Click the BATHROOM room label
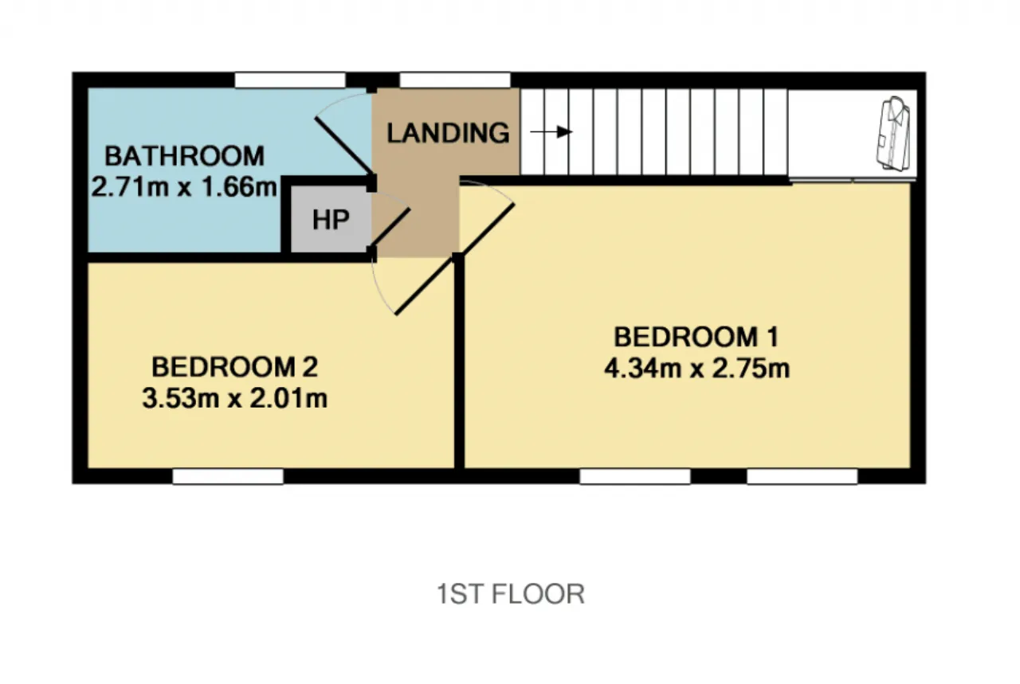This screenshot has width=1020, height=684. click(x=184, y=156)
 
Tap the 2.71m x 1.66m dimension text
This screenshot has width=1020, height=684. click(x=184, y=186)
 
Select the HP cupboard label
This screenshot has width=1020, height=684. click(x=331, y=220)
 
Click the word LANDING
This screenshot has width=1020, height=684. click(x=448, y=133)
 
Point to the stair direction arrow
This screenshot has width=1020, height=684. click(x=551, y=132)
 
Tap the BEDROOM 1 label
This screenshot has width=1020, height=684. click(x=696, y=337)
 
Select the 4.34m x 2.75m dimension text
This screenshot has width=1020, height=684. click(x=696, y=368)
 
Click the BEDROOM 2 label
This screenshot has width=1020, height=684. click(x=234, y=367)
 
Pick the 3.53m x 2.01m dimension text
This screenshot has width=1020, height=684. click(x=234, y=398)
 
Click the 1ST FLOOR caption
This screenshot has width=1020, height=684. click(x=511, y=594)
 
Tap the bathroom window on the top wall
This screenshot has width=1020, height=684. click(x=291, y=80)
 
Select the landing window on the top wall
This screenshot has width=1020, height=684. click(x=455, y=80)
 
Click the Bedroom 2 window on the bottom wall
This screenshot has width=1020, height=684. click(x=228, y=476)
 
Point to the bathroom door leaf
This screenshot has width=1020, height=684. click(x=344, y=146)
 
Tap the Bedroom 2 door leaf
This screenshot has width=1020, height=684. click(x=425, y=286)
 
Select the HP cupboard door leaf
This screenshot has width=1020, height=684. click(x=391, y=228)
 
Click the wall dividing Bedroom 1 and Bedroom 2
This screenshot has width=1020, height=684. click(x=459, y=362)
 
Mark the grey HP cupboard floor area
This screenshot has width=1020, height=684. click(x=331, y=219)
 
